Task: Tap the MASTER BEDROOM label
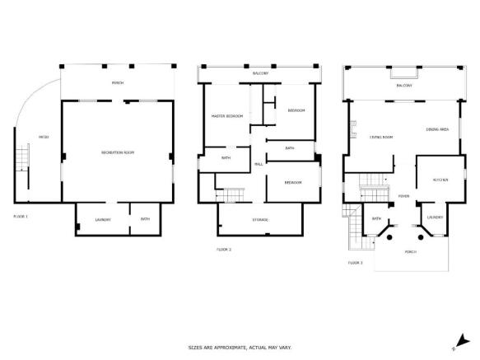pos(227,116)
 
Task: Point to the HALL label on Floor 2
pos(259,165)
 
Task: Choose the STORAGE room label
pos(260,219)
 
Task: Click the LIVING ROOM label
pos(380,137)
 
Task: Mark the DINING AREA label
pos(437,129)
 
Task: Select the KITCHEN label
pos(440,179)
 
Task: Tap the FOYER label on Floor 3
pos(404,196)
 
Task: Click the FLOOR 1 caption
pos(21,215)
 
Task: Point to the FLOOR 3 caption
pos(355,262)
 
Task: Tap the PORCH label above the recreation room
pos(118,83)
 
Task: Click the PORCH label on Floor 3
pos(411,252)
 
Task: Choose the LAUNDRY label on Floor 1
pos(103,219)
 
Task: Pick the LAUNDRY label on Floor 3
pos(435,218)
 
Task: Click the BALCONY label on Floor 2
pos(260,73)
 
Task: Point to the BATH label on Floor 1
pos(145,219)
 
